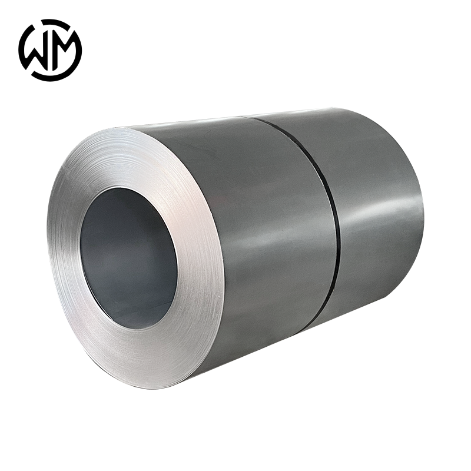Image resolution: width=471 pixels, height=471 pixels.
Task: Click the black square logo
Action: [x=50, y=50]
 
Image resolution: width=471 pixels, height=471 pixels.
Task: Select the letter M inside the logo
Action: [x=64, y=50]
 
